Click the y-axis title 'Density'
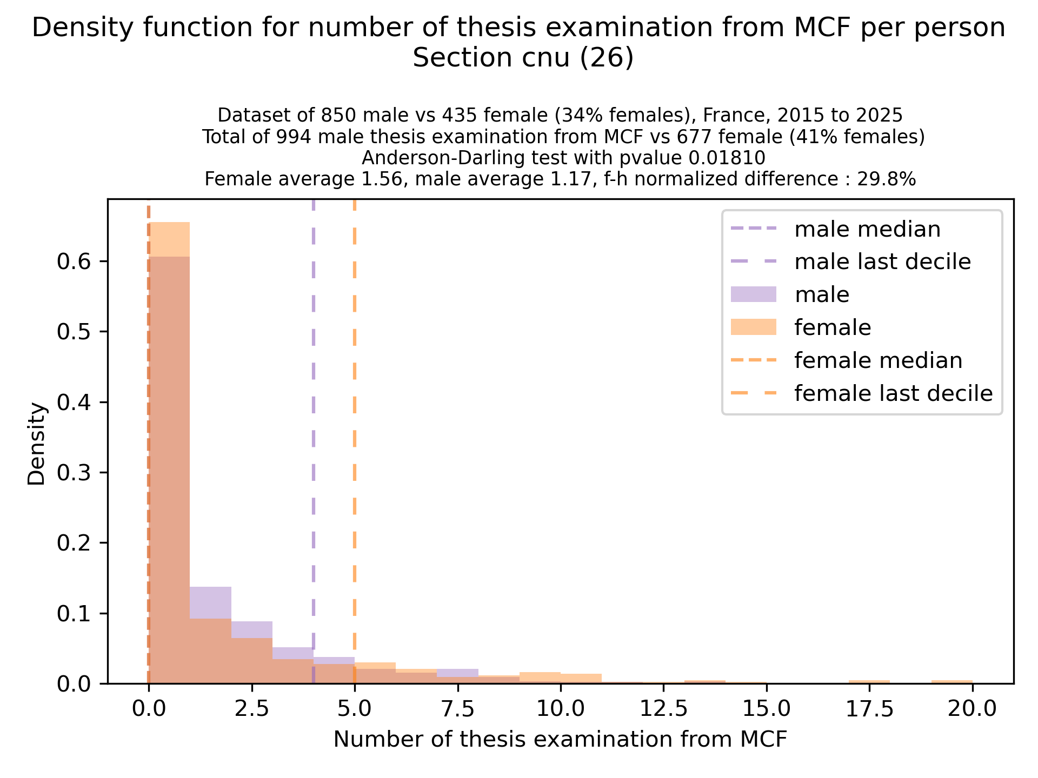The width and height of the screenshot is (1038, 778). [x=37, y=443]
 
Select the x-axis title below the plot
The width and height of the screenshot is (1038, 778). [x=560, y=740]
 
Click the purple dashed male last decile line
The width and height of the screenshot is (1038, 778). [x=314, y=432]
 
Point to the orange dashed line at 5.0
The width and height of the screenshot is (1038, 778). [x=354, y=432]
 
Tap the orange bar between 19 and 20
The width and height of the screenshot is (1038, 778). [x=951, y=682]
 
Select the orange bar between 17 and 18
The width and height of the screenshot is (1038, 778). [x=869, y=682]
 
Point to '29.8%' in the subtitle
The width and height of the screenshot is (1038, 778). [x=887, y=179]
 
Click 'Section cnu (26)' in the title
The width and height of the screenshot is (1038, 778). [x=522, y=58]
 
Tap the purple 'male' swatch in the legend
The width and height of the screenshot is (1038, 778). [x=753, y=294]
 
